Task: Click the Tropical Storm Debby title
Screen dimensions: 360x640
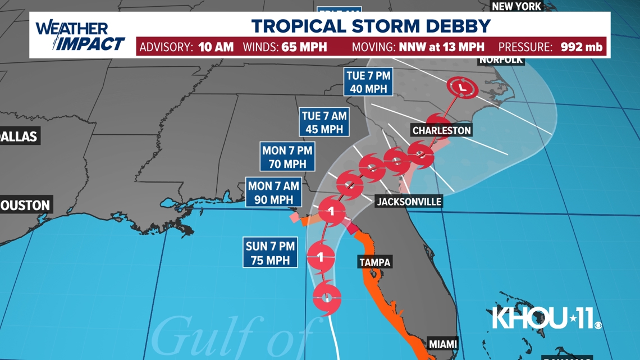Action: point(371,26)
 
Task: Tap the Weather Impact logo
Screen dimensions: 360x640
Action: point(80,36)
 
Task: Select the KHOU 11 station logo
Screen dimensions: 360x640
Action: point(546,318)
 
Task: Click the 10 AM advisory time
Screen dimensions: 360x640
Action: point(216,47)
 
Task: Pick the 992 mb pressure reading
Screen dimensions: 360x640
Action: point(582,47)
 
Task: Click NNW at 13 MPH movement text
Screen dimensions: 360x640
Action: point(442,47)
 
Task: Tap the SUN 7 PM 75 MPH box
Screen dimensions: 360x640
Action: point(271,253)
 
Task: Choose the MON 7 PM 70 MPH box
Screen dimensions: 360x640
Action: point(287,157)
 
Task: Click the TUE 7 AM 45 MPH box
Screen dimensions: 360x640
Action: point(324,122)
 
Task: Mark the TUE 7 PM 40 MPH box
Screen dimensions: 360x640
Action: point(368,82)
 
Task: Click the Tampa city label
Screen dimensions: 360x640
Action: point(374,262)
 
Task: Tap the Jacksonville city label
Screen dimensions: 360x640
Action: point(409,202)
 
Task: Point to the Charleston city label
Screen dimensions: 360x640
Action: point(441,130)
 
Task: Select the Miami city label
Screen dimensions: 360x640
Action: point(442,344)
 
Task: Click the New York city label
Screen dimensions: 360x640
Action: point(516,6)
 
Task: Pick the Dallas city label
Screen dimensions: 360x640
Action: point(19,136)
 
